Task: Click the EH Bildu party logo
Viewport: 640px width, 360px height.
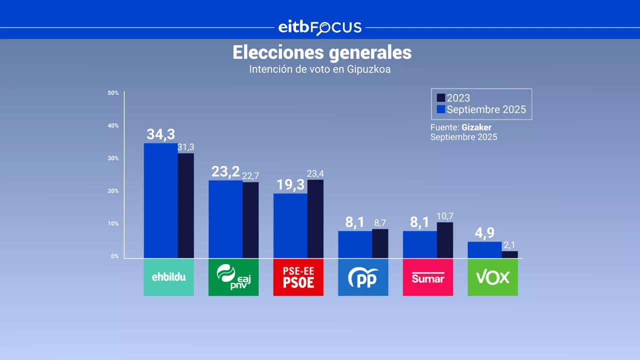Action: pos(168,277)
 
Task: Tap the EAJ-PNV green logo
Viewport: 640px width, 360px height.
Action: pos(233,277)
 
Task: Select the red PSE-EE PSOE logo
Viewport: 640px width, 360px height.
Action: pos(298,277)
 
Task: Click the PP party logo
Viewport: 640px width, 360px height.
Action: pos(363,277)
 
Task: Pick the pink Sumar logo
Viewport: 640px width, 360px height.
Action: pos(427,277)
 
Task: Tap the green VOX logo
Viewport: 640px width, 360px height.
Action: pos(492,277)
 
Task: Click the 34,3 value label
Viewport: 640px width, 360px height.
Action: pos(160,134)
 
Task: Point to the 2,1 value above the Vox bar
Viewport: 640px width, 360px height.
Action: pos(510,245)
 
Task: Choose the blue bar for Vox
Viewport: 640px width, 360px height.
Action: pos(484,250)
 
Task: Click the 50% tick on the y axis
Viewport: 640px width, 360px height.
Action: pos(113,93)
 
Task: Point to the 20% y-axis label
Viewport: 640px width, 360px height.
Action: pos(113,191)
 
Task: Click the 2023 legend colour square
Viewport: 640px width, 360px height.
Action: pos(440,98)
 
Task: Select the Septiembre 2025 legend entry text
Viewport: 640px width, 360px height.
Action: pos(486,109)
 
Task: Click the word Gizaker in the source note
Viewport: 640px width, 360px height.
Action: pos(476,127)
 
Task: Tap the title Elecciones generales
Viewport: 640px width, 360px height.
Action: pos(322,52)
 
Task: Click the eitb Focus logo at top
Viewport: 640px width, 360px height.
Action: pos(320,27)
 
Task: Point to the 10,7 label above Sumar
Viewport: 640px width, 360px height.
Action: pos(445,216)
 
